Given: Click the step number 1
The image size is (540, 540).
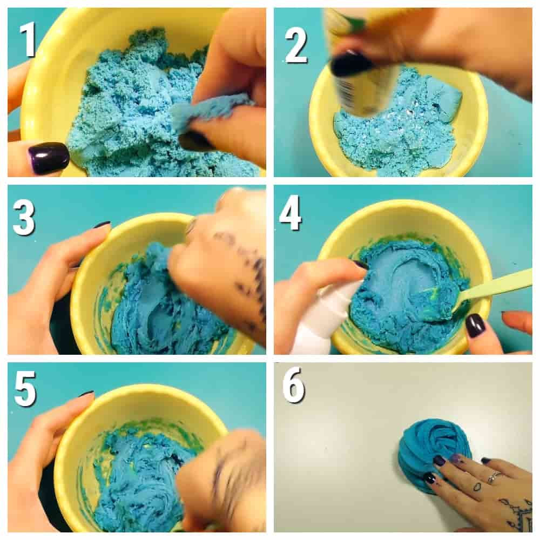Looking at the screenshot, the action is coord(28,39).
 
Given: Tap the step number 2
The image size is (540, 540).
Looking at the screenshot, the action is coord(296,46).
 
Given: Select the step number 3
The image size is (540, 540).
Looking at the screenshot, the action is coord(24,218).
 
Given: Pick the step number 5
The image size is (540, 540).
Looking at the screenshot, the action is coord(25,389).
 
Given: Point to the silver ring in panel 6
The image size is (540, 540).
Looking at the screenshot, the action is coord(493,476).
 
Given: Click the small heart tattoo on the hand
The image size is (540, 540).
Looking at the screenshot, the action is coord(477,487).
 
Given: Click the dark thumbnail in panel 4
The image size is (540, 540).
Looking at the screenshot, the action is coord(475,326).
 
